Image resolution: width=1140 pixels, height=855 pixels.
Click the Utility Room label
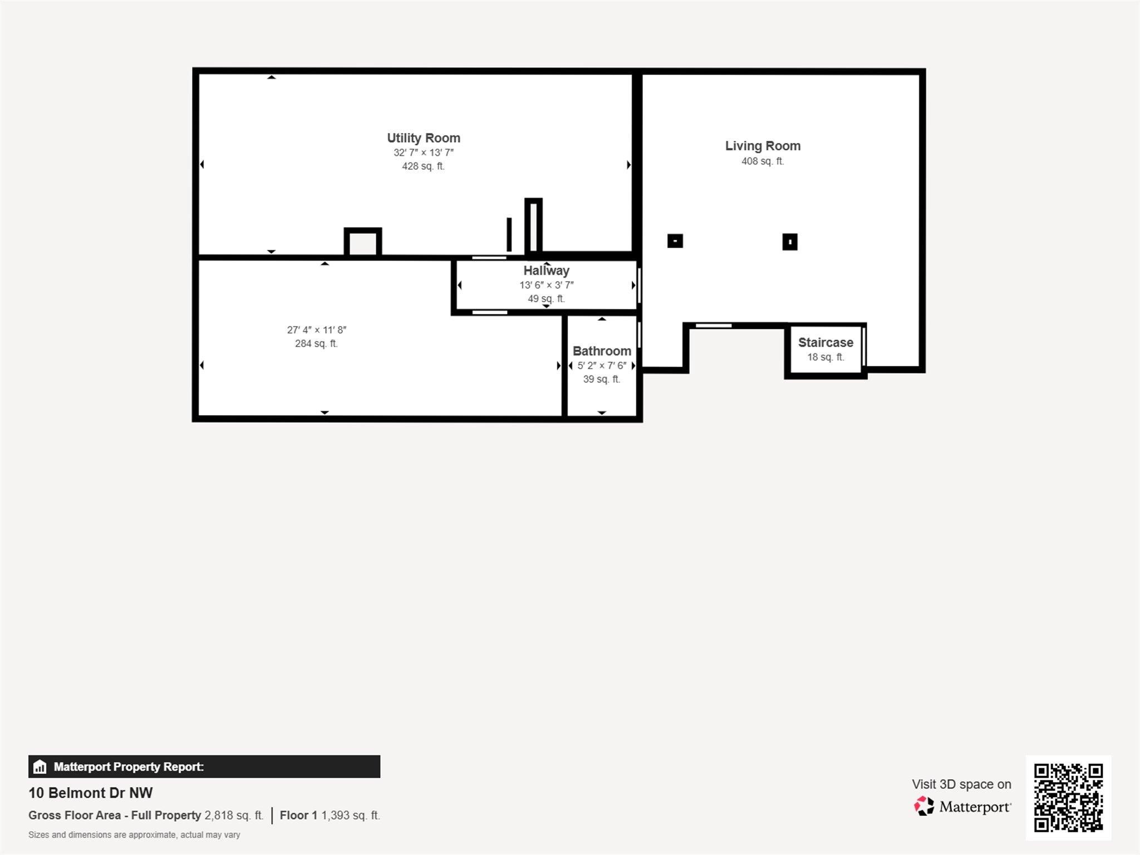point(423,138)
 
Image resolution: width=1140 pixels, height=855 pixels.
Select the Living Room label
point(762,146)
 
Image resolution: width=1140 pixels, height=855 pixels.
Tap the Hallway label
point(546,271)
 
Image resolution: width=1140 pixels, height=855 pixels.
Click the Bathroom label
point(601,351)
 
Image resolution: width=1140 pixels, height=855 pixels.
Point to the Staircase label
point(825,343)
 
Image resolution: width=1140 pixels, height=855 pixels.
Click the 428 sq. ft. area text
point(423,166)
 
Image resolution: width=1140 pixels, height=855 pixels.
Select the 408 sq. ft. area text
point(762,161)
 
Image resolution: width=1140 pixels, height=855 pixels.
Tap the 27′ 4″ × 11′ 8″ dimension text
point(316,330)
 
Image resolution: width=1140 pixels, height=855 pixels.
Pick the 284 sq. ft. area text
point(316,344)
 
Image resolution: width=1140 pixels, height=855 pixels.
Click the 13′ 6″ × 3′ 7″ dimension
point(546,285)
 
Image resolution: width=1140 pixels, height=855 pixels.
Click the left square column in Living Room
point(675,241)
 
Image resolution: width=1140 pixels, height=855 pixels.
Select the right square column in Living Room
point(789,242)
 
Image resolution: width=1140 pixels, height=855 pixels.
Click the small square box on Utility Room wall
point(362,243)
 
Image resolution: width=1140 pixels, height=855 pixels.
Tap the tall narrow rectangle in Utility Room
point(533,226)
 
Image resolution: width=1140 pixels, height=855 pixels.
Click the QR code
point(1068,797)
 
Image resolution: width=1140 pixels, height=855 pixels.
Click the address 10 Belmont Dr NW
point(90,793)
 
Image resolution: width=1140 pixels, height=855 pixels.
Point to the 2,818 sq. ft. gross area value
point(234,815)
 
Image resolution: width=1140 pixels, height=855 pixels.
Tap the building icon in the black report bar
point(40,767)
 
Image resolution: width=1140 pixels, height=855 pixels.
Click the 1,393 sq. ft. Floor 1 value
point(350,815)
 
